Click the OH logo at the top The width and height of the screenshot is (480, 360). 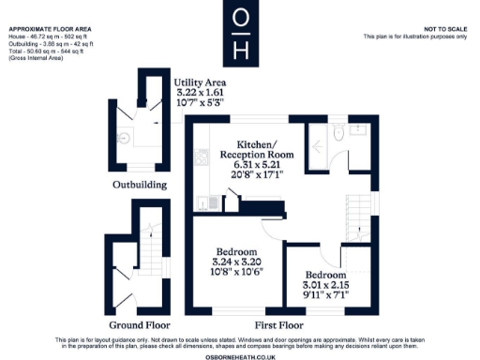coord(240,33)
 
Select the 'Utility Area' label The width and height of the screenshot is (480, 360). coord(201,82)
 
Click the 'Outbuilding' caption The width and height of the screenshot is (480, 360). coord(140,185)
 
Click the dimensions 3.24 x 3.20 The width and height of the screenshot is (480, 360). coord(236,263)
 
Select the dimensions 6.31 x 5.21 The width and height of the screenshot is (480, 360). coord(256,165)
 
